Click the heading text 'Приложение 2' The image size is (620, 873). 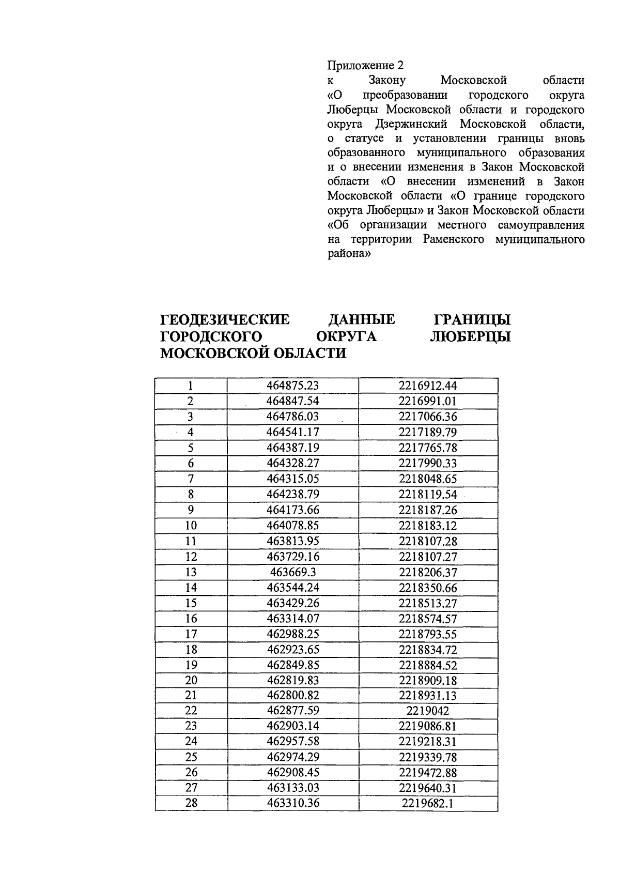[x=365, y=66]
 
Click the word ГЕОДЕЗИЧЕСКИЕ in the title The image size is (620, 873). [x=225, y=320]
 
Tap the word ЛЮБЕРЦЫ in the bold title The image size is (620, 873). [x=470, y=336]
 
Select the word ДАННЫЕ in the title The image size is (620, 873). [x=362, y=320]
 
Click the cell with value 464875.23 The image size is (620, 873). [x=293, y=386]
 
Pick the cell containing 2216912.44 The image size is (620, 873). [x=428, y=386]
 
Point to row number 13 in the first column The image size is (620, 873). [x=191, y=572]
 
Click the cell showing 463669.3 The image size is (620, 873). [x=293, y=572]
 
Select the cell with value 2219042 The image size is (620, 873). [x=428, y=711]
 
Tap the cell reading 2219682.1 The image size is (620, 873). [x=428, y=803]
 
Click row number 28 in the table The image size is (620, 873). [x=191, y=803]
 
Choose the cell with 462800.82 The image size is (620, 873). [x=293, y=695]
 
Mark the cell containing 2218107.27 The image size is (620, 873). [x=428, y=557]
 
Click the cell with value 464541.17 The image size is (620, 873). [x=293, y=432]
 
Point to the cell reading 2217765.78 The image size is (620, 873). [x=428, y=448]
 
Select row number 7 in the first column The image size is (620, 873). [x=191, y=479]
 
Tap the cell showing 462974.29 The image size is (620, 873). [x=293, y=757]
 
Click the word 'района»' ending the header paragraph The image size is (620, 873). [x=349, y=254]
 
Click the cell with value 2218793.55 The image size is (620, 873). [x=428, y=634]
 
